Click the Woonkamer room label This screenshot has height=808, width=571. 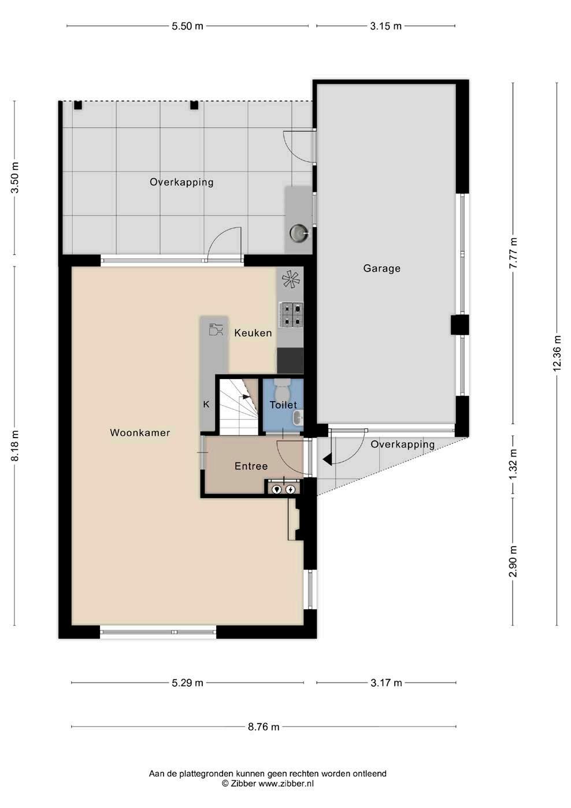(140, 433)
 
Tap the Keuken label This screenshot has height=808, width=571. (253, 332)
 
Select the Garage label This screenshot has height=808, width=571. (381, 268)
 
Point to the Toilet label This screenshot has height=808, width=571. (284, 405)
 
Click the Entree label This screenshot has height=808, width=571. (251, 466)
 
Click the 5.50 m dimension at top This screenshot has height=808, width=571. (187, 26)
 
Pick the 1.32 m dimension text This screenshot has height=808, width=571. (513, 464)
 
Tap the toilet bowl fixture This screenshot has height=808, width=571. (282, 388)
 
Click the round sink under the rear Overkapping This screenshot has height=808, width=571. (299, 233)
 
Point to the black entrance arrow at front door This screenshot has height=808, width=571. (327, 459)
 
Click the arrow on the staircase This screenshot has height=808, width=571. (247, 397)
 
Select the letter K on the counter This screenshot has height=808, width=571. (206, 405)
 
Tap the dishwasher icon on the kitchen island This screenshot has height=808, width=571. (216, 329)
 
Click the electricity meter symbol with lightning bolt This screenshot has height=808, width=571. (290, 489)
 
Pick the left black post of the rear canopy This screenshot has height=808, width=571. (78, 105)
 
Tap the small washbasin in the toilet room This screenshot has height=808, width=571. (298, 418)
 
